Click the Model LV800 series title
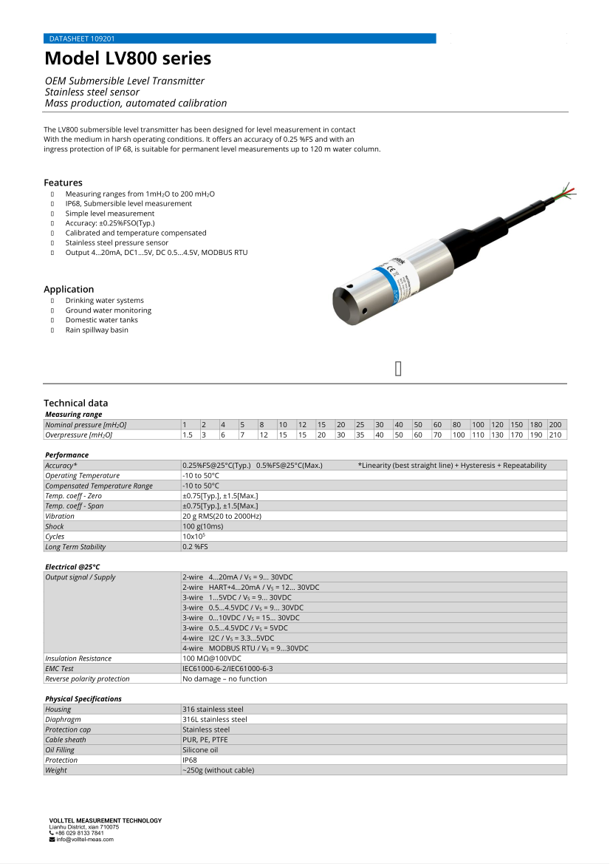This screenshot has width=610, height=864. point(128,58)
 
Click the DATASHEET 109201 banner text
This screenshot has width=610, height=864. point(81,38)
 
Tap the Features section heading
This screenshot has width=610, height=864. point(63,183)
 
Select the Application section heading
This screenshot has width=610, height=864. point(69,289)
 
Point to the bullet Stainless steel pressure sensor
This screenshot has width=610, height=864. point(117,242)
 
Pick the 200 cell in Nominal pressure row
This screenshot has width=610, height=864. point(555,425)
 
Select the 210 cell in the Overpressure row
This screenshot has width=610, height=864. point(555,435)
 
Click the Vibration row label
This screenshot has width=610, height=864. point(60,516)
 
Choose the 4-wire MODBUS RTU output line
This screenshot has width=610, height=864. point(245,648)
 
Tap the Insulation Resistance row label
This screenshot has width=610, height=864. point(78,659)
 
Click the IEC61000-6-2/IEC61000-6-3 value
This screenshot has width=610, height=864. point(227,668)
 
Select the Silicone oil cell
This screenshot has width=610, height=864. point(200,749)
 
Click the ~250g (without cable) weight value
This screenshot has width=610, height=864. point(218,770)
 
